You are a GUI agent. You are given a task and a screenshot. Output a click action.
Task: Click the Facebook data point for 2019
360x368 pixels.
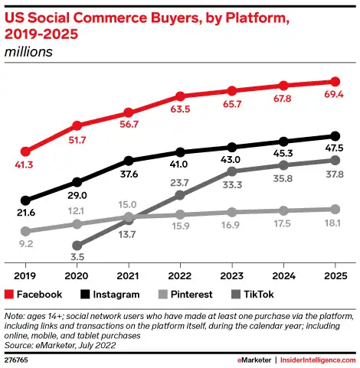(x=25, y=151)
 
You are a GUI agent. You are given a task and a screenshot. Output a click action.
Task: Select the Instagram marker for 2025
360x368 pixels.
(x=335, y=136)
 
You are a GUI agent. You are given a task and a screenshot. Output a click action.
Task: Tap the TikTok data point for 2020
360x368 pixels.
(x=77, y=246)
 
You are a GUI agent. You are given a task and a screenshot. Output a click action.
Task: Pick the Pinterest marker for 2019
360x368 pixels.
(x=25, y=231)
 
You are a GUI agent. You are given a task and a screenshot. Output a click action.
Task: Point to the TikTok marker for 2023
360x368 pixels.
(x=231, y=171)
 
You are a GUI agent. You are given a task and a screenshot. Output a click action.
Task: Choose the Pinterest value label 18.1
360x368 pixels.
(x=334, y=223)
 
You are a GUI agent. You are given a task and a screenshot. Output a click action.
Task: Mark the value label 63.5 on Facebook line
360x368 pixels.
(x=180, y=109)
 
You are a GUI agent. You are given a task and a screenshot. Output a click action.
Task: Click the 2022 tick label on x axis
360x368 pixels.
(x=180, y=275)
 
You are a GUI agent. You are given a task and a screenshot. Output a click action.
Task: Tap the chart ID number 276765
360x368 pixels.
(x=17, y=358)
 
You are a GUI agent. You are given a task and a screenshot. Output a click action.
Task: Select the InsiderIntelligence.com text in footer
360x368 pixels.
(x=315, y=358)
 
